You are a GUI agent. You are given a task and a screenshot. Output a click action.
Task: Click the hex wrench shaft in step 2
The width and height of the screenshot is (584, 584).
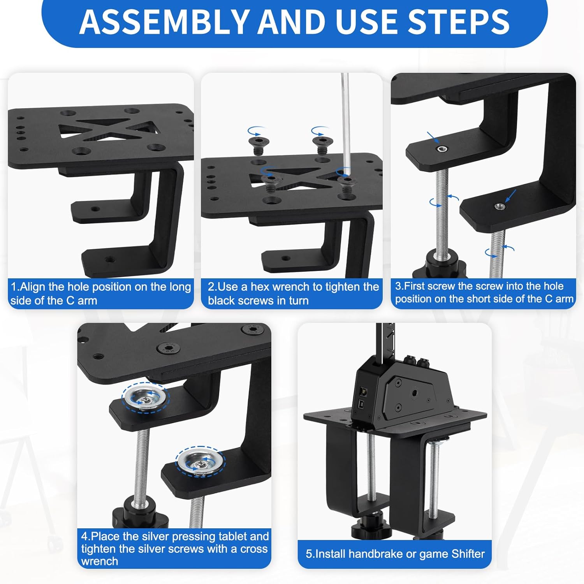(345, 117)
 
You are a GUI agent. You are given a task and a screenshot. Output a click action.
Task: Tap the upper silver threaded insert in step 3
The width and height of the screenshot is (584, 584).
(442, 149)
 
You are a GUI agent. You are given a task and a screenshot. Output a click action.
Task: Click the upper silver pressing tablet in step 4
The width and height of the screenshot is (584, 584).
(144, 397)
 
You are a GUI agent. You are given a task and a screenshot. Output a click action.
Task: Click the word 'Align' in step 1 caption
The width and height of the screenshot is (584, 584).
(33, 287)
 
